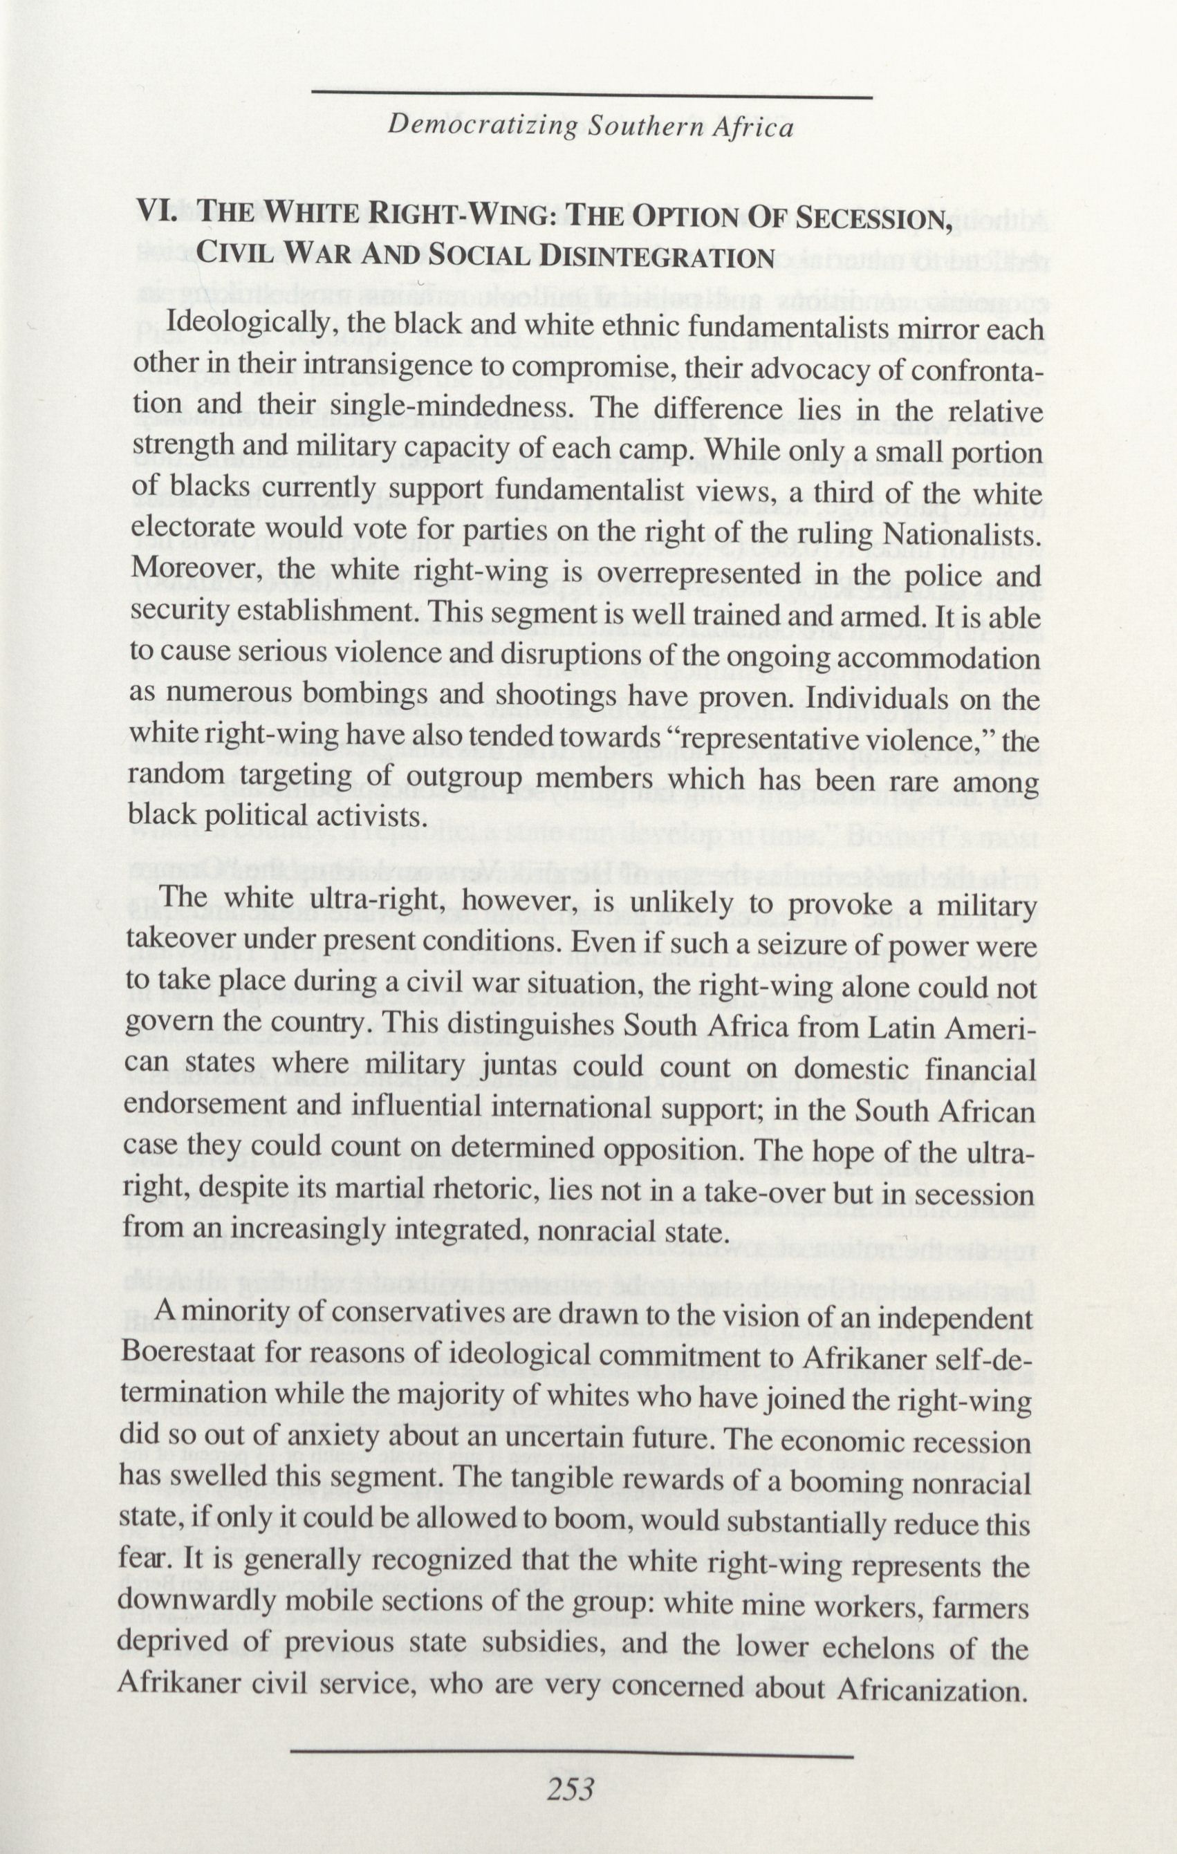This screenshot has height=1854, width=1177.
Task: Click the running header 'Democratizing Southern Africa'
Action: tap(590, 128)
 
